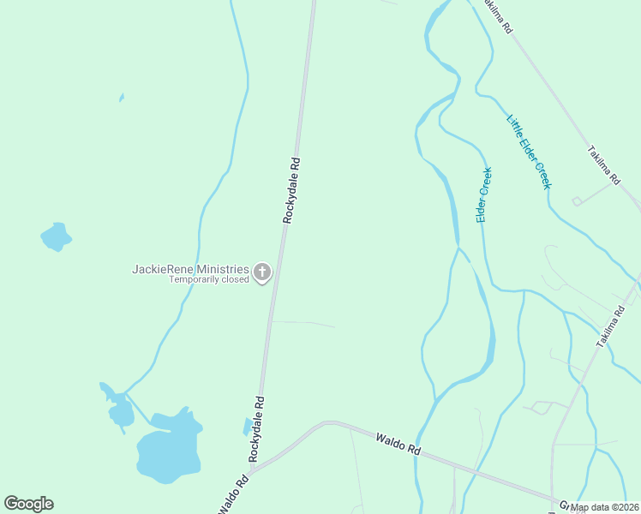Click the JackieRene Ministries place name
[x=190, y=268]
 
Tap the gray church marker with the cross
[x=262, y=273]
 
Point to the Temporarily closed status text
[x=208, y=280]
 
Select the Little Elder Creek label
[x=529, y=152]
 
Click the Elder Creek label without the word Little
[x=484, y=195]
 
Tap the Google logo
[x=28, y=504]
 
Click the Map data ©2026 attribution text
[x=604, y=507]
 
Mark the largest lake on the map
[x=169, y=449]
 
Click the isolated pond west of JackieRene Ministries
[x=56, y=236]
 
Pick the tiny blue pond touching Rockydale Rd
[x=249, y=426]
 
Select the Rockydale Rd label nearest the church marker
[x=292, y=189]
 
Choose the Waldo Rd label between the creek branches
[x=399, y=444]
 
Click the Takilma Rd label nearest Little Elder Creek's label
[x=603, y=165]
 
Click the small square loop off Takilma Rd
[x=578, y=201]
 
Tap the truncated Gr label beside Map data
[x=566, y=504]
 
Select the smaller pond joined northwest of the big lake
[x=121, y=414]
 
